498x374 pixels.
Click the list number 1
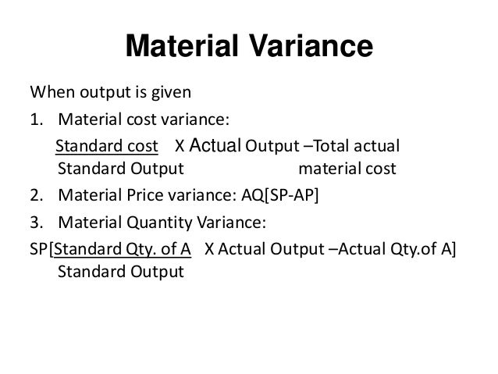(x=35, y=119)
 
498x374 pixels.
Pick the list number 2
(x=35, y=195)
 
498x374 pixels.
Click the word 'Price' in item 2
(x=144, y=195)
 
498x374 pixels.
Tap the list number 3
(x=35, y=222)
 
